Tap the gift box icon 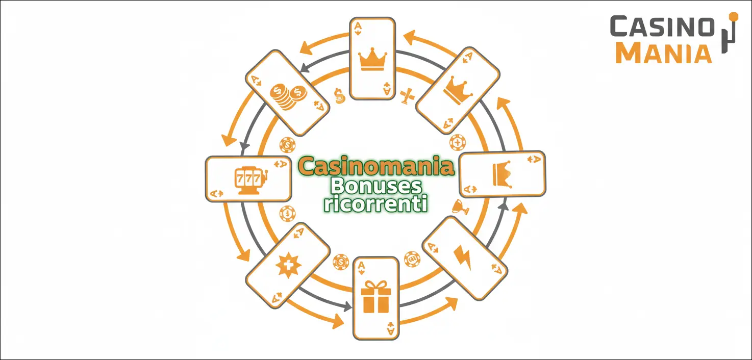[375, 297]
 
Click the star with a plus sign [288, 266]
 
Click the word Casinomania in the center [376, 166]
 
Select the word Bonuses [376, 186]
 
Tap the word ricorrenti [376, 203]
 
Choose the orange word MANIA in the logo [664, 53]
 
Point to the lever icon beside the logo [730, 32]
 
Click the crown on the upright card [372, 59]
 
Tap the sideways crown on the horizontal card [503, 174]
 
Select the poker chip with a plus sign [458, 143]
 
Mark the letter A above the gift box [361, 267]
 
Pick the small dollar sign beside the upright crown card [339, 96]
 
